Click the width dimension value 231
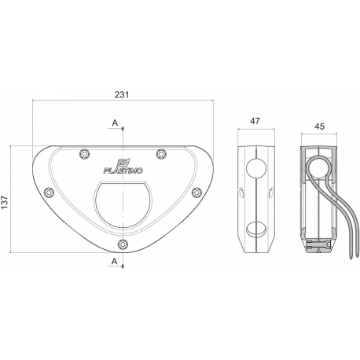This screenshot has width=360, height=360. pos(121,94)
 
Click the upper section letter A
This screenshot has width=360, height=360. pos(116,123)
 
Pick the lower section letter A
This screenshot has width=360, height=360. pos(116,260)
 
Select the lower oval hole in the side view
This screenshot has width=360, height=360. pos(255,230)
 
